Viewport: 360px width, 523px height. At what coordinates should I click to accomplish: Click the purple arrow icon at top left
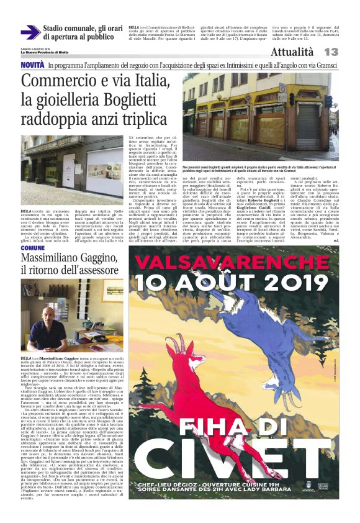click(30, 32)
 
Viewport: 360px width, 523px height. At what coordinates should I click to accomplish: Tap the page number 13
click(330, 52)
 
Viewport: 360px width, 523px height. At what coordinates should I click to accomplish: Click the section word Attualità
click(292, 52)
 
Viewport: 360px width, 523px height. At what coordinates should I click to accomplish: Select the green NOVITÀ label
click(32, 65)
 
